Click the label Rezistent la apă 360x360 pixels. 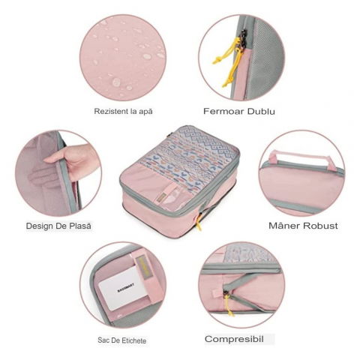click(x=123, y=111)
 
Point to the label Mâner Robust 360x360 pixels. click(x=303, y=225)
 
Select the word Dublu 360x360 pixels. click(x=259, y=111)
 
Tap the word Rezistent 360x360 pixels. click(x=110, y=111)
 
